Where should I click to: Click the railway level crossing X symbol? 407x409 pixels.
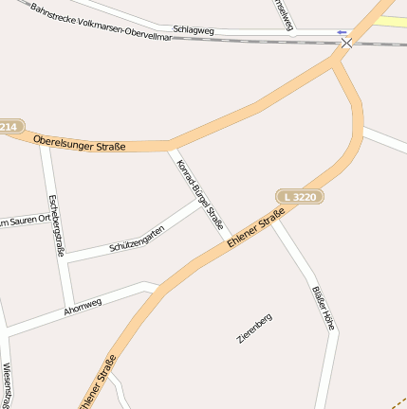[347, 43]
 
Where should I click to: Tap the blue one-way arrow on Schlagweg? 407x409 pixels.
[342, 32]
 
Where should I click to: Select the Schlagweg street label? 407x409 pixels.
[194, 30]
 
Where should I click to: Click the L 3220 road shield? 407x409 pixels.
[301, 196]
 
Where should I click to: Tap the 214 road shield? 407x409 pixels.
[9, 126]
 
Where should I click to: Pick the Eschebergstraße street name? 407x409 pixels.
[55, 225]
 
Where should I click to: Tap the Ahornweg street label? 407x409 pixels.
[83, 307]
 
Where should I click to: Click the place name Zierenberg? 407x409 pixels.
[254, 328]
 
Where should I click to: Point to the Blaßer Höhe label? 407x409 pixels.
[323, 307]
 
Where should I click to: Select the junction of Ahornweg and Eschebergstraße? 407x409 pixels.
[69, 304]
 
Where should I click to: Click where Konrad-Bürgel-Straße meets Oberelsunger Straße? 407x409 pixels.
[171, 146]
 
